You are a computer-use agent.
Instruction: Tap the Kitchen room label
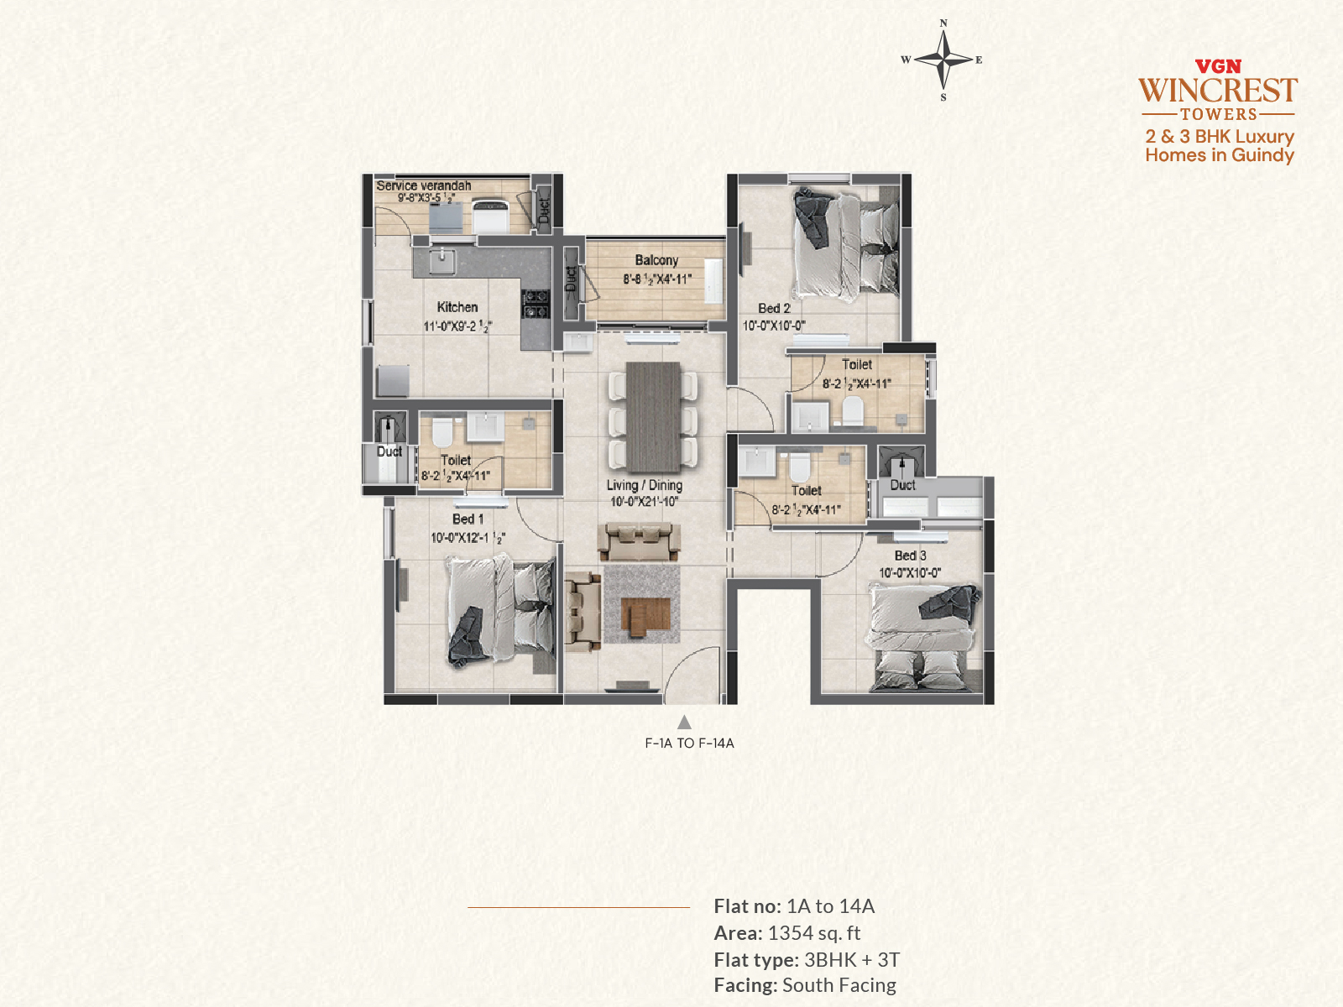pos(457,307)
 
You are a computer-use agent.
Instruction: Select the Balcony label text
pos(656,260)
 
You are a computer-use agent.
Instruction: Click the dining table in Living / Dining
pos(653,416)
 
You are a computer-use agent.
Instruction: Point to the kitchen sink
pos(442,262)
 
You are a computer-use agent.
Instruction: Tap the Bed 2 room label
pos(774,308)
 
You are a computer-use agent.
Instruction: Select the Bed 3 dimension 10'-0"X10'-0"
pos(910,573)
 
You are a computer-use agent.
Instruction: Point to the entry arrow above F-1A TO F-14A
pos(684,722)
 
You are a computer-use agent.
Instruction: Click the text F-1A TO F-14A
pos(690,744)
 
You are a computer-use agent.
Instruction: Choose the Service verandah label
pos(423,185)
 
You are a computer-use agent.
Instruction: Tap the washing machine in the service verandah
pos(490,215)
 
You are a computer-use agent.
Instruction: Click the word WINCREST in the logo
pos(1218,91)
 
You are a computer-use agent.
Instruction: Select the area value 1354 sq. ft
pos(813,933)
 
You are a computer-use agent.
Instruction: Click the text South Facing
pos(839,985)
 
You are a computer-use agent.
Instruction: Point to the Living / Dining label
pos(645,485)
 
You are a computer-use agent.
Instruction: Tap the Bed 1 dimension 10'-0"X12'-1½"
pos(468,538)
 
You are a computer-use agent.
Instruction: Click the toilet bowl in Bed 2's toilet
pos(852,410)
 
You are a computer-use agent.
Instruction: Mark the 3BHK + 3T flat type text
pos(852,959)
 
